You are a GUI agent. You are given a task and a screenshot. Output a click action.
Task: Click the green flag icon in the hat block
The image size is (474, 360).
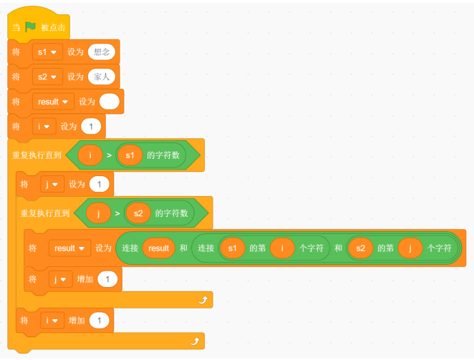pos(30,27)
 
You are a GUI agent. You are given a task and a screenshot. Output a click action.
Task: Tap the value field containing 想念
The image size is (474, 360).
pos(101,52)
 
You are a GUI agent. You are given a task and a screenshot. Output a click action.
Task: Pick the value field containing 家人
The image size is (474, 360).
pos(101,77)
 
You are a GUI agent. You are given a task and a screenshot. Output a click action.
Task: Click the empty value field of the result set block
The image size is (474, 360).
pos(109,102)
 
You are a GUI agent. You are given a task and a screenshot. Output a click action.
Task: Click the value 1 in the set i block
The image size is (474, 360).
pos(91,127)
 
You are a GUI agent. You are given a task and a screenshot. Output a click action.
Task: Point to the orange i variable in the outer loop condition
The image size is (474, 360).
pos(90,155)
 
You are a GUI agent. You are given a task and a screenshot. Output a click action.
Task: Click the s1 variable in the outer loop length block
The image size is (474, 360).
pos(130,155)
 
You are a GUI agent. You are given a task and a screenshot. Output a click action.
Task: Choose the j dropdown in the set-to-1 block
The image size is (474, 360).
pos(52,185)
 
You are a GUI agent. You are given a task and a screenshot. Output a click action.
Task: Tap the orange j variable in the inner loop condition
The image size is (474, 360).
pos(98,213)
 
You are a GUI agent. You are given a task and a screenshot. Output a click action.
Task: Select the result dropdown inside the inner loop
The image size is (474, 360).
pos(69,248)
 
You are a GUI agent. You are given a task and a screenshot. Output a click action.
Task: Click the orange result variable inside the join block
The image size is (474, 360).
pos(158,248)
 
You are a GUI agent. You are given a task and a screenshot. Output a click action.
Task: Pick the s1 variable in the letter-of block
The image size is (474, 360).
pos(232,248)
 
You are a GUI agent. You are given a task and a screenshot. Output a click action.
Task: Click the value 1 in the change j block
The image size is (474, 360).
pos(107,279)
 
